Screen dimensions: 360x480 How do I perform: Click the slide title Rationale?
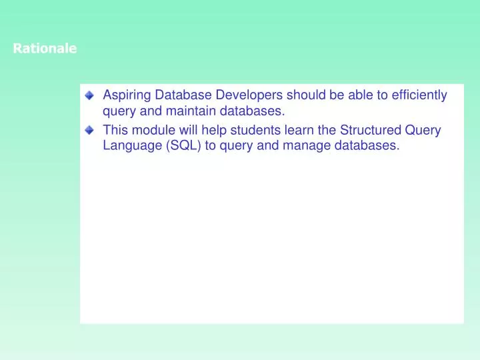pyautogui.click(x=45, y=49)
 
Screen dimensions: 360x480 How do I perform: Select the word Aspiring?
pyautogui.click(x=125, y=95)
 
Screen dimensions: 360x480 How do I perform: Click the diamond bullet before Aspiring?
pyautogui.click(x=90, y=96)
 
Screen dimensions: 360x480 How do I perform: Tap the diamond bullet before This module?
pyautogui.click(x=90, y=131)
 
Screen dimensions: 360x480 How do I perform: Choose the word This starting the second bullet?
pyautogui.click(x=115, y=130)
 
